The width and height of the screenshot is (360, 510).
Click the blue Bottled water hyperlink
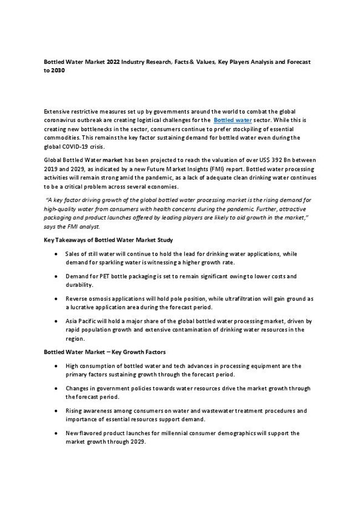233,120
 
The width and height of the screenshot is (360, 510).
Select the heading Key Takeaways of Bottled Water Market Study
108,240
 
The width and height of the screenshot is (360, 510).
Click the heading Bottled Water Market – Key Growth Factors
104,352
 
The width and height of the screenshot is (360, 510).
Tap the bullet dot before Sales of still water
58,253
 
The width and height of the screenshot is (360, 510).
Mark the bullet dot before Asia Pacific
58,321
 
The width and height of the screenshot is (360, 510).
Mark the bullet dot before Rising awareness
58,411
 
